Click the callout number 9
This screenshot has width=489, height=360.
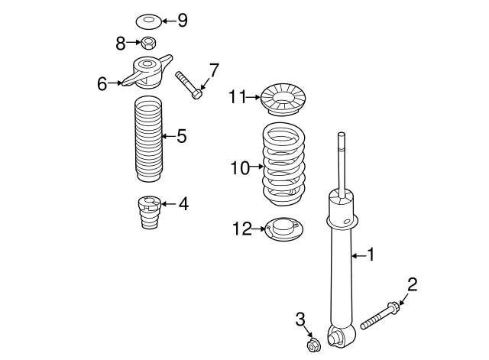click(182, 21)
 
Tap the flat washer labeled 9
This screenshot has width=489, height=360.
click(149, 20)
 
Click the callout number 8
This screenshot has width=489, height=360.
click(121, 44)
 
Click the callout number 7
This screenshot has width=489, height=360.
click(213, 71)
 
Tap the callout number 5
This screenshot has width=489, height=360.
click(181, 136)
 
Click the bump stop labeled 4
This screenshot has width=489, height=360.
click(150, 214)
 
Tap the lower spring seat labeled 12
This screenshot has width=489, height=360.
click(283, 229)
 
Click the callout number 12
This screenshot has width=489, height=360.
click(241, 228)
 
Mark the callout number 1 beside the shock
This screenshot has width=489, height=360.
click(371, 255)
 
